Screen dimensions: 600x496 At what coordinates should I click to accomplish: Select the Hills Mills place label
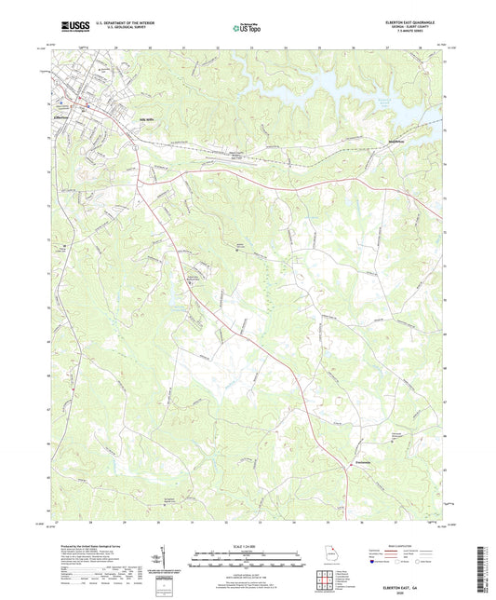147,119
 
